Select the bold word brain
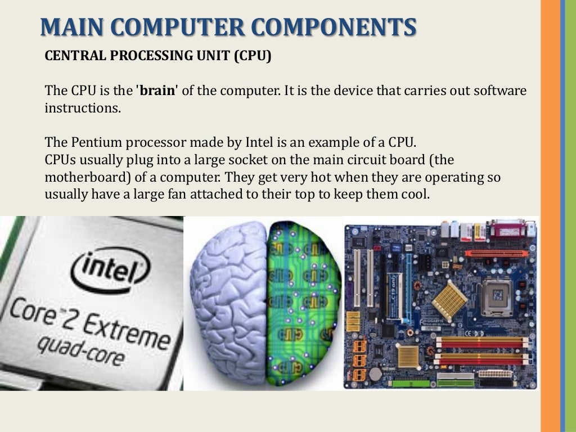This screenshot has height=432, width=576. tap(157, 91)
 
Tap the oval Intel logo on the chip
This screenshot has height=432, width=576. tap(112, 271)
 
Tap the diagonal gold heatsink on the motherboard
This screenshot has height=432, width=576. tap(449, 298)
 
